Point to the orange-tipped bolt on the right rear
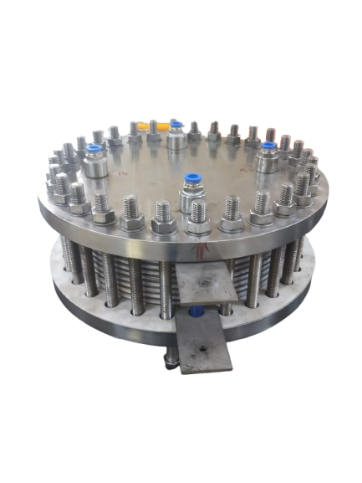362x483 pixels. pyautogui.click(x=271, y=133)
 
